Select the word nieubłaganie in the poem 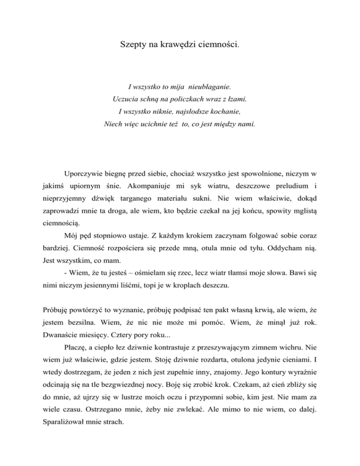pos(209,87)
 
